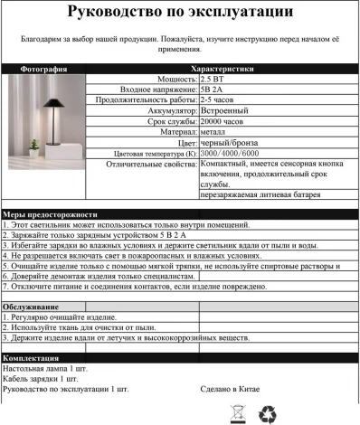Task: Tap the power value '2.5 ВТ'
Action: [213, 80]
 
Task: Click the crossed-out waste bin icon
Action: [239, 413]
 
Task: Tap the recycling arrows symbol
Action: [269, 413]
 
